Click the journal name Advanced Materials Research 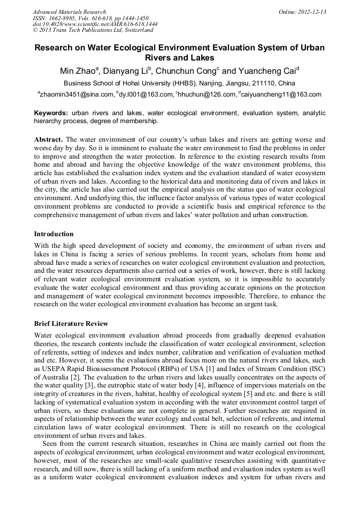(70, 12)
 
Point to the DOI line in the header (95, 24)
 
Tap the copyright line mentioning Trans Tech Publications (93, 31)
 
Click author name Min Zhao (78, 71)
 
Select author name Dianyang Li (125, 71)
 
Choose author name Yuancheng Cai (265, 71)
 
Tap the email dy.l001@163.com (146, 95)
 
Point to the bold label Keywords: (51, 113)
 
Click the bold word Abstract (48, 139)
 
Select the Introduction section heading (54, 234)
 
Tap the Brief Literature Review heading (71, 324)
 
